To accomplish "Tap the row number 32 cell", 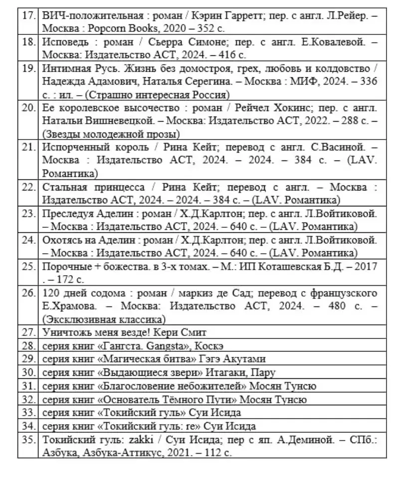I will (x=28, y=399).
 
